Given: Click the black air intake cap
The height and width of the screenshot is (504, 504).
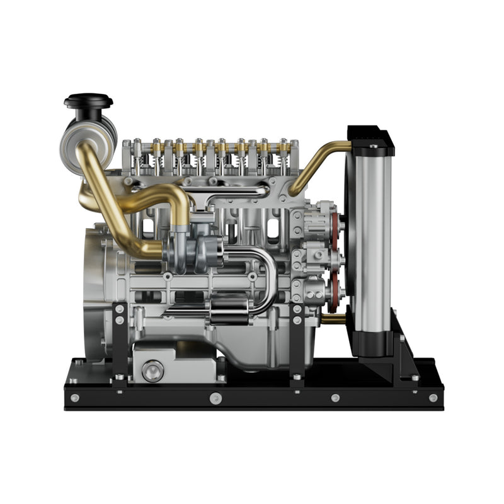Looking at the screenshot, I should click(x=88, y=101).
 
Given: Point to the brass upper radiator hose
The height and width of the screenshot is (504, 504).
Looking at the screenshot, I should click(x=315, y=164).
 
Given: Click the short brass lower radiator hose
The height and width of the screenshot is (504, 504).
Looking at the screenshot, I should click(x=334, y=319).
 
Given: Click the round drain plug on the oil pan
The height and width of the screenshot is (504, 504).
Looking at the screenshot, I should click(x=152, y=370).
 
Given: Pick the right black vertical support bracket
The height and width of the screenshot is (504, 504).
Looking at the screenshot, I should click(x=297, y=343).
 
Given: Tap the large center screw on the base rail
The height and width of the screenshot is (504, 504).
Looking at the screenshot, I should click(x=215, y=398).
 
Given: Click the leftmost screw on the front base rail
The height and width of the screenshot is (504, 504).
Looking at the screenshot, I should click(x=75, y=398).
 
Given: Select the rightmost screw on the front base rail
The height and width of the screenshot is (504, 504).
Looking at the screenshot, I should click(x=433, y=398).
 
